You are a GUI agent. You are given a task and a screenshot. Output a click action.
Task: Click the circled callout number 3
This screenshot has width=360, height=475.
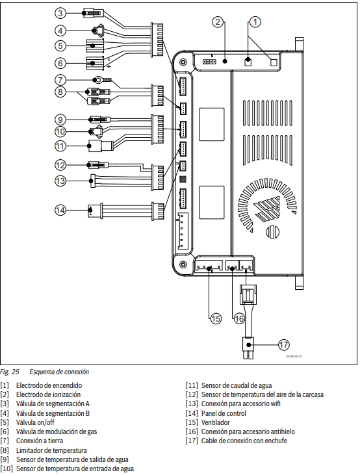click(x=60, y=13)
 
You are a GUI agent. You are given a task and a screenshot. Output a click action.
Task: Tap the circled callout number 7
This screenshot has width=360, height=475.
click(x=60, y=80)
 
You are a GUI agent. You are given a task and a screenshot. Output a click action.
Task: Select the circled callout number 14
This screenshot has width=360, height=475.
click(x=60, y=210)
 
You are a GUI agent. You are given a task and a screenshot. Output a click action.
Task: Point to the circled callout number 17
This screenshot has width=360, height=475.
click(x=283, y=345)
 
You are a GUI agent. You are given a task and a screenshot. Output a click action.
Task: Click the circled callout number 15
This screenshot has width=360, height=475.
click(x=216, y=318)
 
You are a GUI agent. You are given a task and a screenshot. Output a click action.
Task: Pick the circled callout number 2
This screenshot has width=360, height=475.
click(x=218, y=22)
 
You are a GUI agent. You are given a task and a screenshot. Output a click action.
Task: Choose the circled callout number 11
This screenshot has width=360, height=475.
click(x=60, y=146)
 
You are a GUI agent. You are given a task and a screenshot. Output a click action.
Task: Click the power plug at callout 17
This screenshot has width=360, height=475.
click(x=248, y=348)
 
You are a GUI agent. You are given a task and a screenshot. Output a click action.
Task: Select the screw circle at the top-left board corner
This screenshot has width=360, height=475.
click(x=183, y=62)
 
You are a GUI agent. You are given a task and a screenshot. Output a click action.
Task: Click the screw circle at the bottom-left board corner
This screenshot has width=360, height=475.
click(x=183, y=264)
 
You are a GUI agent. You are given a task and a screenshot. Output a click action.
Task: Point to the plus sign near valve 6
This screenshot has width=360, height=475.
click(x=109, y=66)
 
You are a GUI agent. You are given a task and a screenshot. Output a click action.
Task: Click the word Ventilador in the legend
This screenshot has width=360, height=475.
click(x=216, y=422)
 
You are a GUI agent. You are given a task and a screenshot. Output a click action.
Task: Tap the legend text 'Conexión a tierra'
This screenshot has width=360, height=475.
click(x=40, y=441)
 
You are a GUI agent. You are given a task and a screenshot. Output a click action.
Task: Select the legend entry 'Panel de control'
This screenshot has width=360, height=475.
click(x=224, y=413)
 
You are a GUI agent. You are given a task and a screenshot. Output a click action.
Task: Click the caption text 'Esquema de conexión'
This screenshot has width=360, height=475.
click(x=59, y=372)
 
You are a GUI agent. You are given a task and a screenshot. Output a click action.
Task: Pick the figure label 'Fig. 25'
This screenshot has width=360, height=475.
click(x=10, y=372)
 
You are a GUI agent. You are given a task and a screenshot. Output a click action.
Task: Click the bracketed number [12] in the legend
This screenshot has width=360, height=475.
click(x=192, y=394)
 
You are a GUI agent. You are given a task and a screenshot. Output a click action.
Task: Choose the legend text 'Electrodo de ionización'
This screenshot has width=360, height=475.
click(x=48, y=394)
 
